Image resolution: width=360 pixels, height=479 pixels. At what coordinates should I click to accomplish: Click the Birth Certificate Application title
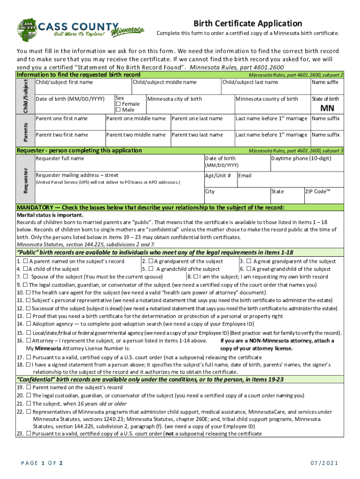point(248,23)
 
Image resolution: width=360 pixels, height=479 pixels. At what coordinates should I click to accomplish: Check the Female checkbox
point(118,104)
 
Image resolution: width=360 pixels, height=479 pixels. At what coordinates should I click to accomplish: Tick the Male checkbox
point(118,110)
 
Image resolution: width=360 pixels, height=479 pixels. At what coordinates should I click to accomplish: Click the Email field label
point(245,175)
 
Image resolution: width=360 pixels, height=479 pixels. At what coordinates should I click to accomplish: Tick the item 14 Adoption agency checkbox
point(29,324)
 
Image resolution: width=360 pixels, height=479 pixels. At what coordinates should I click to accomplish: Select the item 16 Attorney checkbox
point(29,341)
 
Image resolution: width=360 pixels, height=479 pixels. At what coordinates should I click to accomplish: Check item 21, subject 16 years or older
point(29,403)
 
